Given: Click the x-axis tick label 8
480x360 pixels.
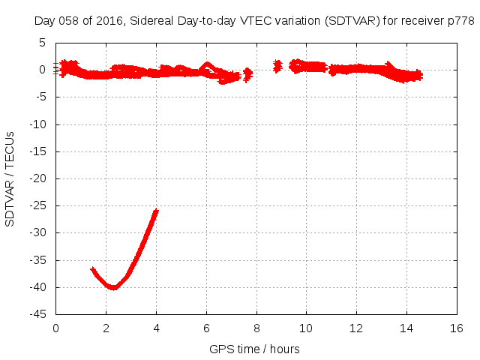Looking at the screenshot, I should [x=256, y=328].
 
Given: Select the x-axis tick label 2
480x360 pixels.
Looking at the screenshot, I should [x=106, y=328].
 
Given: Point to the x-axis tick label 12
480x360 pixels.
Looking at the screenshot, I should [x=356, y=328].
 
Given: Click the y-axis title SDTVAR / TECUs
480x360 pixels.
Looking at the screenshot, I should [x=10, y=178].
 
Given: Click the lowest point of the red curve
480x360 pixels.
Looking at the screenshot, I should [x=113, y=287].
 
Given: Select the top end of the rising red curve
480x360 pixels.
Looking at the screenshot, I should [x=156, y=211].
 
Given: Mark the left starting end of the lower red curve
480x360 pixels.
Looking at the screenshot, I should [x=92, y=268].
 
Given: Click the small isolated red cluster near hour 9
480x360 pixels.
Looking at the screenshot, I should [x=277, y=66].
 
